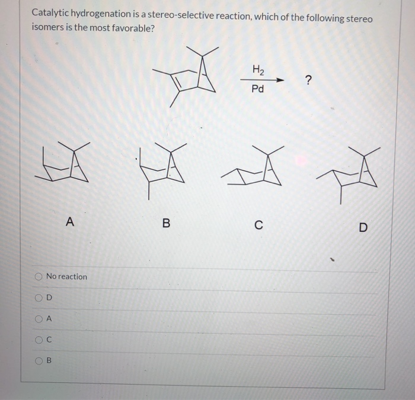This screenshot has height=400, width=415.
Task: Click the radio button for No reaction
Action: coord(39,276)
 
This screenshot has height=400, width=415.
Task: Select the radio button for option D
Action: coord(39,297)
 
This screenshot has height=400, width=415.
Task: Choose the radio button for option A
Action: coord(39,318)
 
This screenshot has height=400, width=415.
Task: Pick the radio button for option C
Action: coord(39,339)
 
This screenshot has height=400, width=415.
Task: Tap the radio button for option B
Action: coord(39,360)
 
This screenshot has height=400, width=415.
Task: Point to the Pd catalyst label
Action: coord(258,90)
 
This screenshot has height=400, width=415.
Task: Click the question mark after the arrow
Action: coord(307,80)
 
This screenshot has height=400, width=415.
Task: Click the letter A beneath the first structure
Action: coord(70,222)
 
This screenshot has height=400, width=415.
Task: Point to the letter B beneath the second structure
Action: coord(166,223)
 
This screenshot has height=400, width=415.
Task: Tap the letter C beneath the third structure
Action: coord(258,224)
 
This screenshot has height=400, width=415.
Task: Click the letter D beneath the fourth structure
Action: coord(363,227)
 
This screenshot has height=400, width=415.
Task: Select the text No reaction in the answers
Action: coord(66,276)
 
